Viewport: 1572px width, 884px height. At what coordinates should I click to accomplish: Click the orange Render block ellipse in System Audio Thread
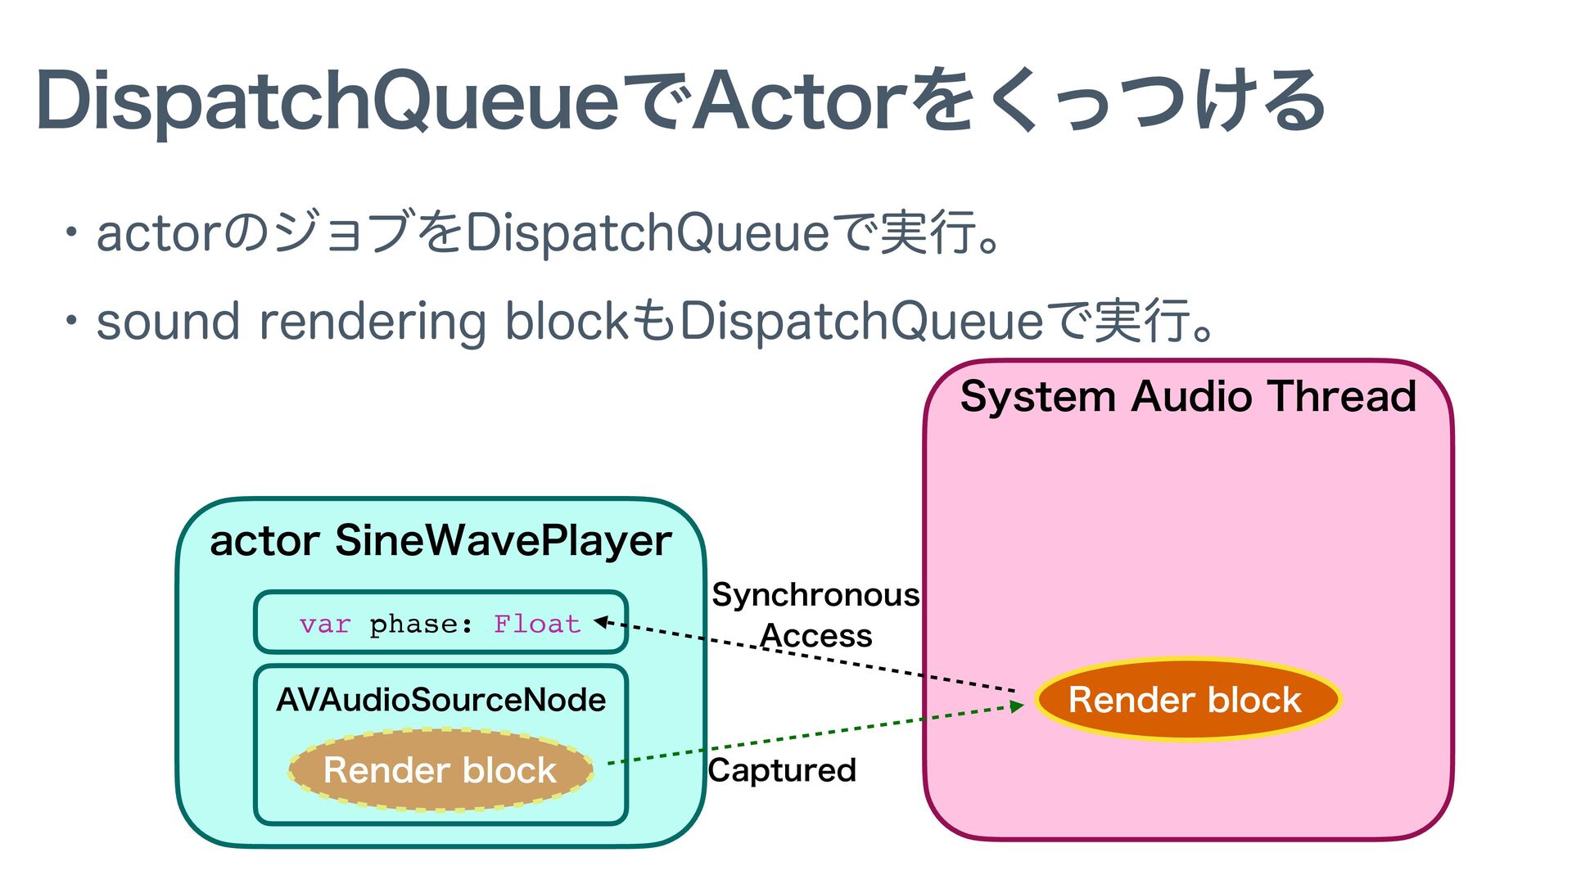click(1187, 700)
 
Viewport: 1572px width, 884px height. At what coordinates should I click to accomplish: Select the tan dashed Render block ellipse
click(440, 770)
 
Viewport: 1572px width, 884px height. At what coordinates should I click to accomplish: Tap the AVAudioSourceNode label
click(440, 700)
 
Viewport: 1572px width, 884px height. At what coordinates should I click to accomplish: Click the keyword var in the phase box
click(325, 625)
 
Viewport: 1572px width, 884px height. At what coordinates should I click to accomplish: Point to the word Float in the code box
click(537, 625)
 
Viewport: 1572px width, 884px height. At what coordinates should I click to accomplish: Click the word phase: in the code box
click(421, 625)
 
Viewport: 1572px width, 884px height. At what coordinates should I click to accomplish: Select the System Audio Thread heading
click(1188, 397)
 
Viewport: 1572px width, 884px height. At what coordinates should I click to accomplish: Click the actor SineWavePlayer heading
click(440, 541)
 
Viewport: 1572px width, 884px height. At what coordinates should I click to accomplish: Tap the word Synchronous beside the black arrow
click(815, 595)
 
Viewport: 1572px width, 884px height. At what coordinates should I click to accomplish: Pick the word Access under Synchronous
click(816, 636)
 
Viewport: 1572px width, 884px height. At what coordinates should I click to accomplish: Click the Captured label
click(782, 770)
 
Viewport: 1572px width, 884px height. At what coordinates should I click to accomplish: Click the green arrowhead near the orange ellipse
click(1017, 706)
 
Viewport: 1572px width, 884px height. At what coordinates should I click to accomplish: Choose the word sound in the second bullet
click(168, 322)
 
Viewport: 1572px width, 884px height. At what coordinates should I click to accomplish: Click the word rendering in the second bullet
click(373, 322)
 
